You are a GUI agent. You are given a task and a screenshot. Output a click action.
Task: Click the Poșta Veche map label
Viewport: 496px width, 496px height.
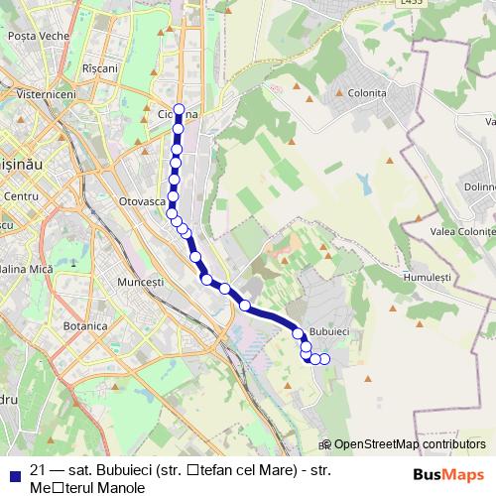coord(36,35)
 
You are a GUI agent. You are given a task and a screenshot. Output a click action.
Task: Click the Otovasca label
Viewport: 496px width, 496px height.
coord(141,201)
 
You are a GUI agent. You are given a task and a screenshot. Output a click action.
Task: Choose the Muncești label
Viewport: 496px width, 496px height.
coord(140,282)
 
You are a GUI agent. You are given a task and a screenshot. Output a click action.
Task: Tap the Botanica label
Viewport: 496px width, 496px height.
coord(85,326)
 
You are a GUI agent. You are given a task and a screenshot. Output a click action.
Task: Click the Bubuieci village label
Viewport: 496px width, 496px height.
coord(329,330)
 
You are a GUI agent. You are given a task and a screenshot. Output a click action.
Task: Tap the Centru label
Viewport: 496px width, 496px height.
coord(20,197)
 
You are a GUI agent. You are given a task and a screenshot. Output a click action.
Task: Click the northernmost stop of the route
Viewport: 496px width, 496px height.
coord(179,110)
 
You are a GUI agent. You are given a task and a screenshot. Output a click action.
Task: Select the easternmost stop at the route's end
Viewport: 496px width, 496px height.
coord(324,358)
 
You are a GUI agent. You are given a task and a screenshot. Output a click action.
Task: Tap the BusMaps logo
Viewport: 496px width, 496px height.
coord(449,473)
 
